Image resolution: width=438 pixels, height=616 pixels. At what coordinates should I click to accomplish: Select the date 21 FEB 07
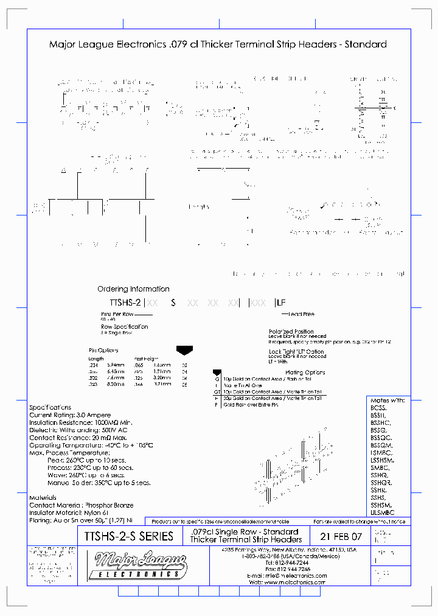click(x=341, y=537)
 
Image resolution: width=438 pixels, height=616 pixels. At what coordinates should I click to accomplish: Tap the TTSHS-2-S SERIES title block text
click(x=126, y=537)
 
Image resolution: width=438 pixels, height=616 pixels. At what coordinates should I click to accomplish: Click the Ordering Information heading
click(x=133, y=289)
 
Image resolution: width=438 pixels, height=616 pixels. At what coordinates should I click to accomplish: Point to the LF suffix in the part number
click(x=281, y=303)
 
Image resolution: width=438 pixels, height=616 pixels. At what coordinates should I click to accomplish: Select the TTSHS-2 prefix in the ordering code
click(x=125, y=303)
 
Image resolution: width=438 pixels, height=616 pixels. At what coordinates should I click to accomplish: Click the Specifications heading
click(x=50, y=407)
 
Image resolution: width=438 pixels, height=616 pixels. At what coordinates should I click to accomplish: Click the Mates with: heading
click(x=388, y=401)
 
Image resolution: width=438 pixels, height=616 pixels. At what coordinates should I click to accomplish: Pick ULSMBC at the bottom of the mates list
click(x=383, y=512)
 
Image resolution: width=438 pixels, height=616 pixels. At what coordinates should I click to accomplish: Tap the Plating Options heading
click(x=305, y=373)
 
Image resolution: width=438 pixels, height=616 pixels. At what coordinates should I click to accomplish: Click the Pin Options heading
click(x=104, y=351)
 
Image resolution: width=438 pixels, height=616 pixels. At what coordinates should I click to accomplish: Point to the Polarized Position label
click(x=291, y=332)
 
